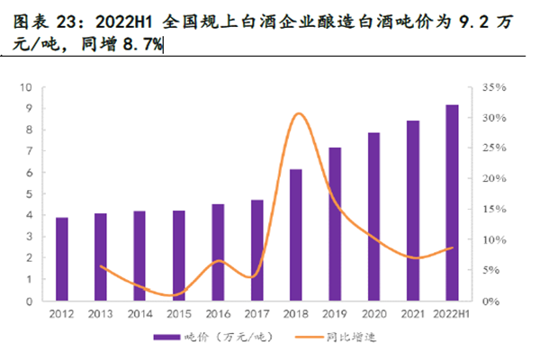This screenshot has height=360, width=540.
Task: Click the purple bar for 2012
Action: click(62, 259)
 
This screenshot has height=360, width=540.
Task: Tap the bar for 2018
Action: click(295, 235)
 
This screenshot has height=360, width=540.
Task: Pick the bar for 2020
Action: click(373, 217)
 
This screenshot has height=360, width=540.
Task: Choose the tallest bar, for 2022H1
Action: click(452, 203)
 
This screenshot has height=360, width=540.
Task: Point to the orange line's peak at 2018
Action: click(298, 114)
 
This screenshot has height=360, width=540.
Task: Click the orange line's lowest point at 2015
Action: click(176, 295)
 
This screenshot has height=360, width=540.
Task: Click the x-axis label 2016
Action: click(218, 313)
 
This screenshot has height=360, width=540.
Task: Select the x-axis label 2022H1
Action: click(452, 313)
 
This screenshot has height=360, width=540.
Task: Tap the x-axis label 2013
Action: click(101, 313)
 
